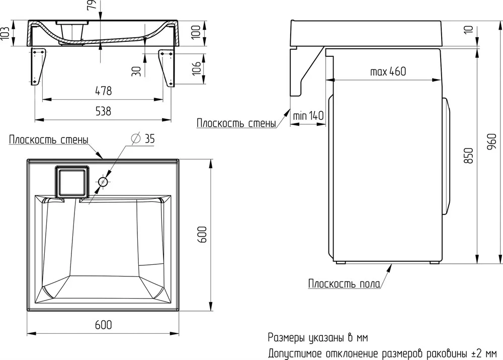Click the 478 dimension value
tap(103, 91)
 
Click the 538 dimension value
tap(103, 111)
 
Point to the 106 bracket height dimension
tap(196, 68)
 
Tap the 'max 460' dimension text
tap(388, 71)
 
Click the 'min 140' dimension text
tap(308, 115)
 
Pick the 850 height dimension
tap(469, 156)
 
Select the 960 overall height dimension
tap(491, 142)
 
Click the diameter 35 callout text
tap(143, 138)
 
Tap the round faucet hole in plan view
tap(103, 182)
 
